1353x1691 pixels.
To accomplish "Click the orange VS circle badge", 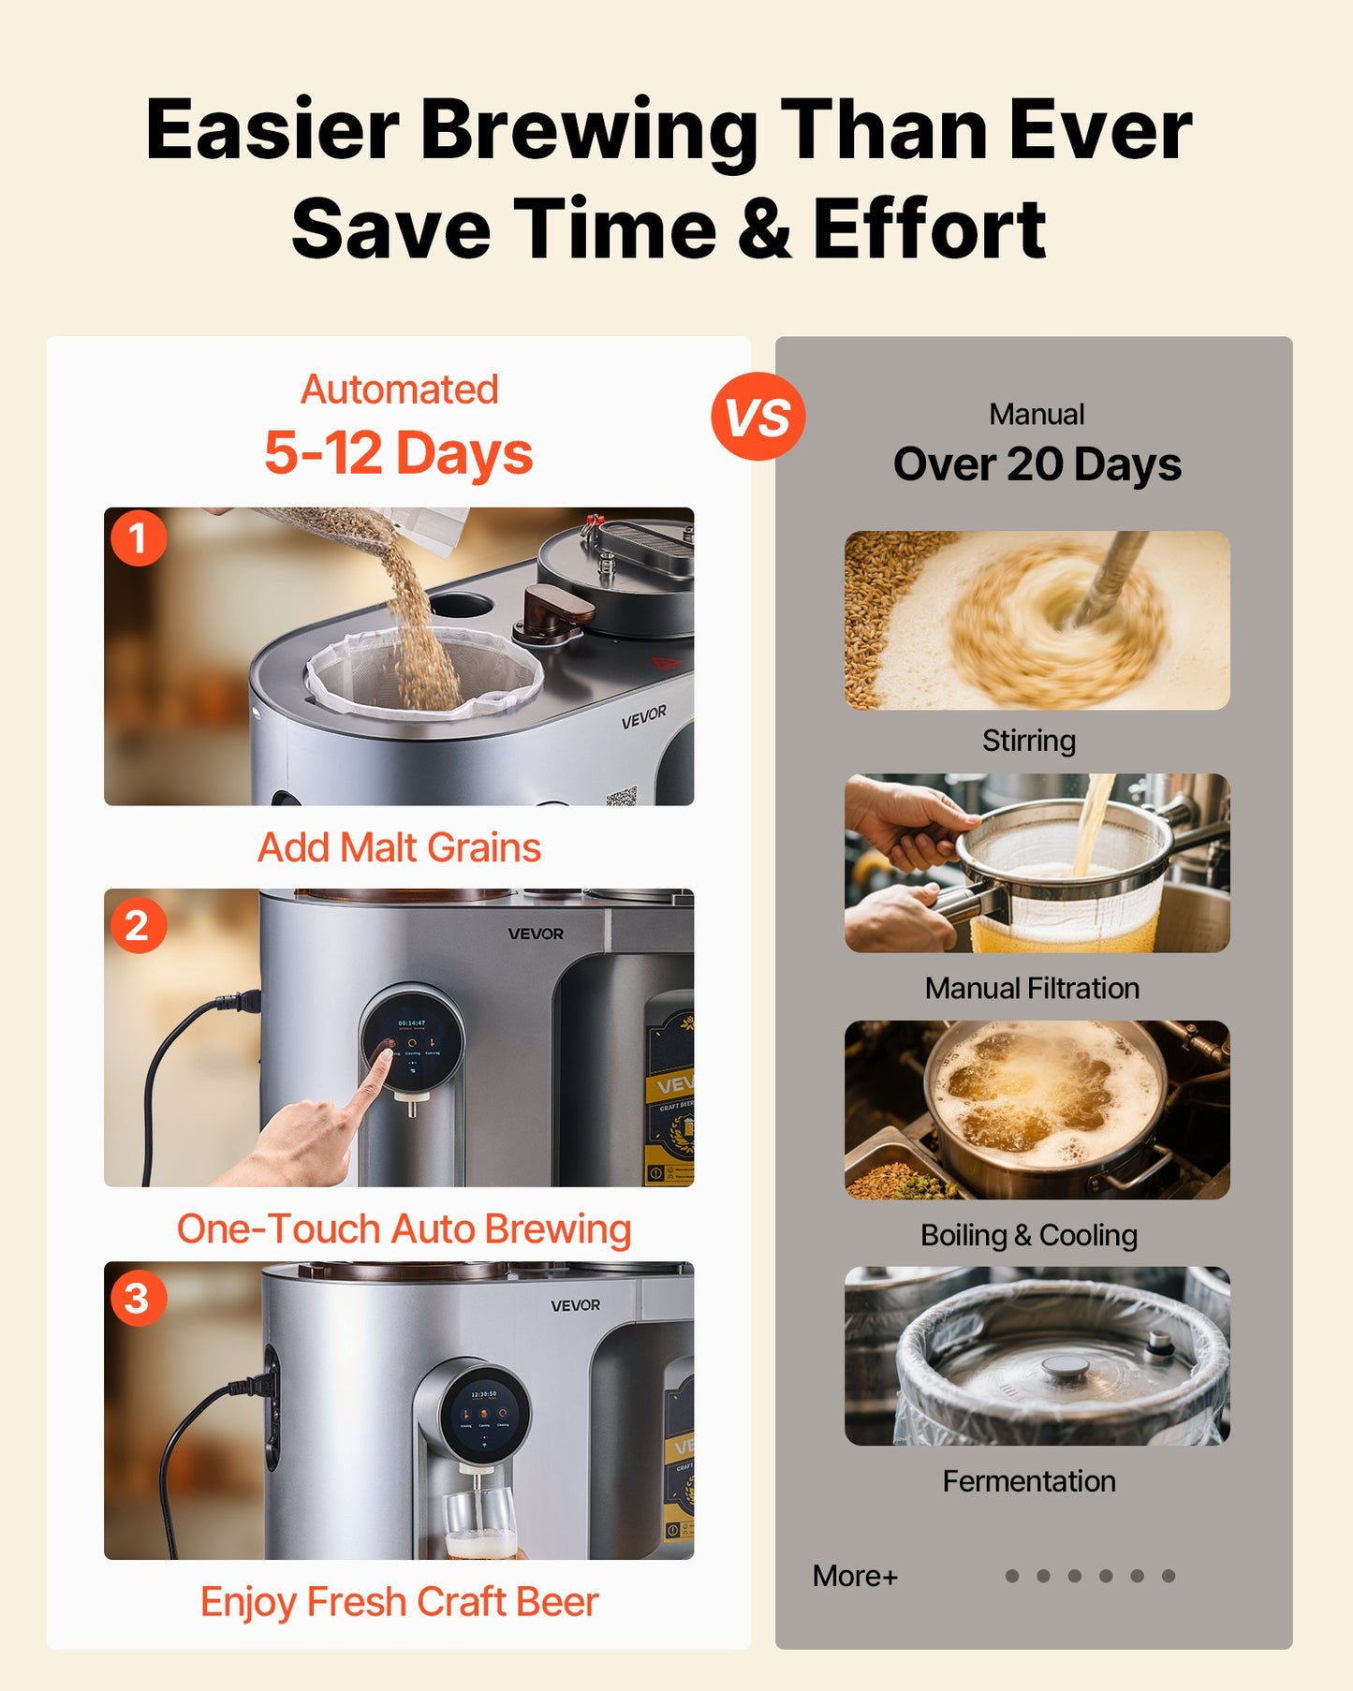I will pos(757,417).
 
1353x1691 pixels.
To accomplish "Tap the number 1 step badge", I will pos(139,538).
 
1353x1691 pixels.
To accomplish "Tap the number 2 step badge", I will pos(138,925).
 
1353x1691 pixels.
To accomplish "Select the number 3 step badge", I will pos(138,1298).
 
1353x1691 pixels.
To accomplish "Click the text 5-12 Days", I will pos(399,453).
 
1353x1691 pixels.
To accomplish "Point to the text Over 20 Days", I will pos(1037,464).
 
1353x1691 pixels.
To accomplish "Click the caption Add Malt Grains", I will pos(399,847).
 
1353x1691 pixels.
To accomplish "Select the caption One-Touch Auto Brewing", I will pos(404,1228).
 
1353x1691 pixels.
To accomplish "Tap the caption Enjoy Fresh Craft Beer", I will pos(399,1601).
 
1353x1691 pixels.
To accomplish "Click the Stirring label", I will pos(1028,741).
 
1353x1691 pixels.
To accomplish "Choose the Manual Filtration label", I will pos(1032,988).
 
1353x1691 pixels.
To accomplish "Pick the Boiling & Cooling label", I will pos(1028,1235).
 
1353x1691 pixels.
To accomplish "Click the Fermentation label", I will pos(1028,1481).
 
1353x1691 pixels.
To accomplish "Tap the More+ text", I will pos(855,1576).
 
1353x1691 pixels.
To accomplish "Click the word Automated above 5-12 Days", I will pos(399,390).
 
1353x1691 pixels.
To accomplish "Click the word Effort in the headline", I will pos(929,228).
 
